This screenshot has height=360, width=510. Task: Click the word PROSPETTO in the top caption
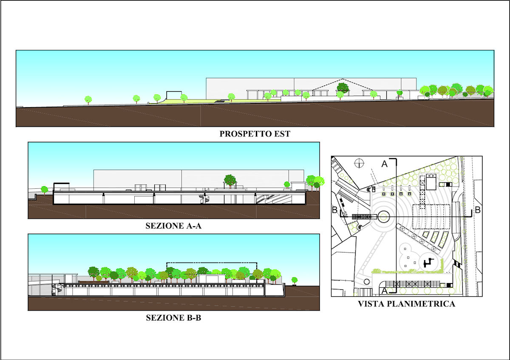(246, 134)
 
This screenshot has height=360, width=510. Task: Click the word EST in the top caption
(282, 134)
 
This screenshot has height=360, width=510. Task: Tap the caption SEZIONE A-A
(173, 226)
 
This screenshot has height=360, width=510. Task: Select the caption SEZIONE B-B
(173, 317)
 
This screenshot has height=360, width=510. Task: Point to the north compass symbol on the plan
(359, 163)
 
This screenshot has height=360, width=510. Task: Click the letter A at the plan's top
(384, 164)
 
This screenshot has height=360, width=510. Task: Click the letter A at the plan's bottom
(384, 291)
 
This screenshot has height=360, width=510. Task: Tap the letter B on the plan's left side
(335, 210)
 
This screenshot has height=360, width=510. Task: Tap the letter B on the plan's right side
(478, 210)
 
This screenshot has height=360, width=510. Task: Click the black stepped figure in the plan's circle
(428, 263)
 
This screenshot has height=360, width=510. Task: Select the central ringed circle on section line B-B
(384, 217)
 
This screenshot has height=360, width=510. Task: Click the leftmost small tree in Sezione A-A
(44, 190)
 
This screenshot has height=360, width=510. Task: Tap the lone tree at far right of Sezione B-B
(295, 281)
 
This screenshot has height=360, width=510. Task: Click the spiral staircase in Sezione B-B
(56, 289)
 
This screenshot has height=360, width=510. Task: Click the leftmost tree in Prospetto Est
(88, 100)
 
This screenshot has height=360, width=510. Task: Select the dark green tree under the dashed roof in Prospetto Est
(343, 88)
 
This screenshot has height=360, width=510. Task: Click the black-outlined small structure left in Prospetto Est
(174, 95)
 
